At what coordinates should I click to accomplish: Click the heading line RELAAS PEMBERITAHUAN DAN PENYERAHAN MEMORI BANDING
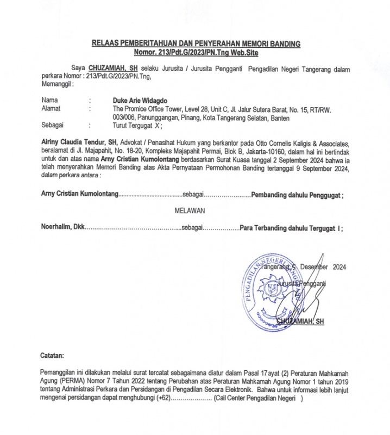click(195, 44)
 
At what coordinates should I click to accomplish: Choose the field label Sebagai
click(52, 125)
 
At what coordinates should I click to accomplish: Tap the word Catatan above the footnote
click(53, 355)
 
